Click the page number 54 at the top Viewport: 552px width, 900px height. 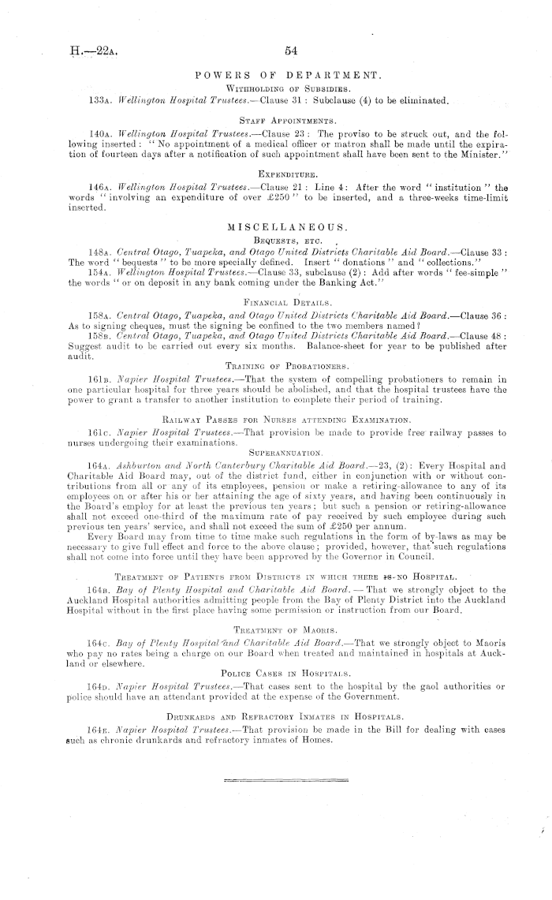(291, 50)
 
